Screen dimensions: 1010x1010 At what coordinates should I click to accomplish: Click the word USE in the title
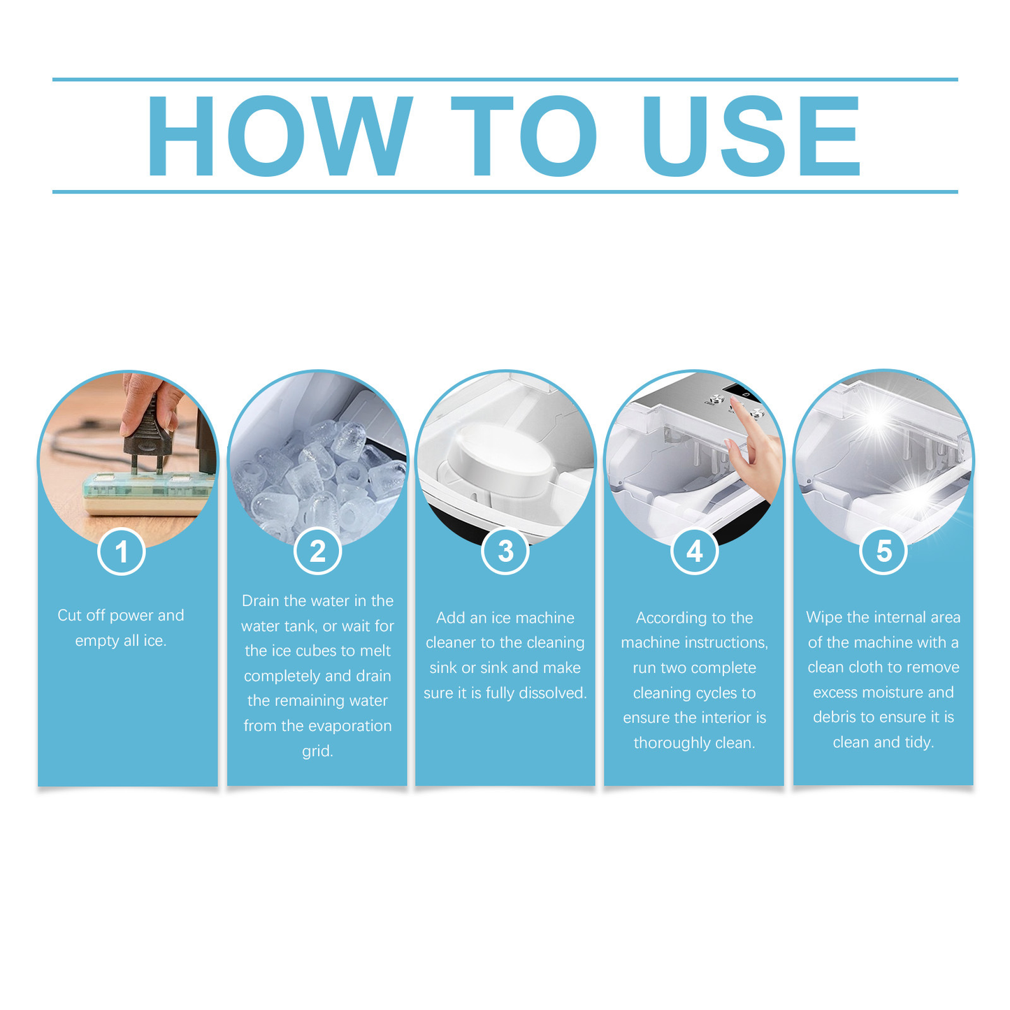pos(751,136)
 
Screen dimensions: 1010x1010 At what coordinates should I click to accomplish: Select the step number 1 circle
pos(122,551)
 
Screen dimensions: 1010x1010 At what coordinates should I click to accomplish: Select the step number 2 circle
pos(317,551)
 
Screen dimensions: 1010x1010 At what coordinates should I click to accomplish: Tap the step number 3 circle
pos(505,551)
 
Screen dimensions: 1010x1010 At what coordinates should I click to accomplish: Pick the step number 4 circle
pos(694,551)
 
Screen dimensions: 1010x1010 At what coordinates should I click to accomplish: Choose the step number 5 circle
pos(883,551)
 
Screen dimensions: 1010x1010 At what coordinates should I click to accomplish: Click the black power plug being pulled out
pos(148,437)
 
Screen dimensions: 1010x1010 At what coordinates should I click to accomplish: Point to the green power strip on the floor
pos(147,492)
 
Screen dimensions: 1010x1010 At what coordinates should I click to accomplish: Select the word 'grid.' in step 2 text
pos(317,751)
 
